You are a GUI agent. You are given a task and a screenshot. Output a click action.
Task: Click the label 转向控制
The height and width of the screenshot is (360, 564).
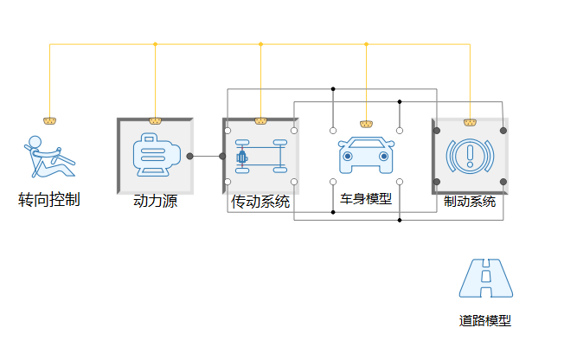pos(49,200)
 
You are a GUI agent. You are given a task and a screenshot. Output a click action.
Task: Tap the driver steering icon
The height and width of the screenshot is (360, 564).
pos(49,157)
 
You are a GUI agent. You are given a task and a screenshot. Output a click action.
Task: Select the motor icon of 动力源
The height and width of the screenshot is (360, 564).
pos(156,156)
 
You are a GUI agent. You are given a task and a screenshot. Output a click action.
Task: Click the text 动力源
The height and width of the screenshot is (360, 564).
pos(156,202)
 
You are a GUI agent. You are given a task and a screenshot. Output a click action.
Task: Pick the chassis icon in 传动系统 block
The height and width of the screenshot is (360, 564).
pos(260,157)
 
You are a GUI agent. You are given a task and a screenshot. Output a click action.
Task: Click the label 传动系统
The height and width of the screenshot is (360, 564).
pos(260,202)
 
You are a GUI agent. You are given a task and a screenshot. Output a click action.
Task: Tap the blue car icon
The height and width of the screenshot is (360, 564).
pos(366,156)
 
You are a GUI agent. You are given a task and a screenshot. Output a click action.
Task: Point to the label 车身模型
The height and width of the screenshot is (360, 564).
pos(366,199)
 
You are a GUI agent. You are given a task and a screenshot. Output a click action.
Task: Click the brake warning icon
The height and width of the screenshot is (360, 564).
pos(470,156)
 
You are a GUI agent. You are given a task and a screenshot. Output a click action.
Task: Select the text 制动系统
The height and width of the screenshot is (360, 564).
pos(470,202)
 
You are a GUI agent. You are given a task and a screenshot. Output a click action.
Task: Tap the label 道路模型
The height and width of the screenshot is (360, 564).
pos(485,320)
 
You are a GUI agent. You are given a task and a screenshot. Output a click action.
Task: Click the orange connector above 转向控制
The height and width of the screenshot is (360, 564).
pos(49,120)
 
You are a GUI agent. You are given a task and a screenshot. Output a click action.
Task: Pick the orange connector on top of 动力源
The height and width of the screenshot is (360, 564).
pos(156,120)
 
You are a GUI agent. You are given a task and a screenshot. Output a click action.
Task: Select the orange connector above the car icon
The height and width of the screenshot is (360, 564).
pos(366,124)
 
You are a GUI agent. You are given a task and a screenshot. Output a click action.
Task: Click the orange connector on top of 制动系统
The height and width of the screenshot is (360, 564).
pos(470,122)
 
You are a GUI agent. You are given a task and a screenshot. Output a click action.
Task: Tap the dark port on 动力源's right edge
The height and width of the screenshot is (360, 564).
pos(190,156)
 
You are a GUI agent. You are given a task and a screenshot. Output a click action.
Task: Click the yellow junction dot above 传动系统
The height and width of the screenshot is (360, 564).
pos(260,44)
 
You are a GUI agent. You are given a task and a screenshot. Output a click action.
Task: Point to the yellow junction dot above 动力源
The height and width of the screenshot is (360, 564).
pos(156,44)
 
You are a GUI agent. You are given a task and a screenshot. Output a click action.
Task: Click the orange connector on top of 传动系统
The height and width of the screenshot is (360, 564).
pos(260,120)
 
